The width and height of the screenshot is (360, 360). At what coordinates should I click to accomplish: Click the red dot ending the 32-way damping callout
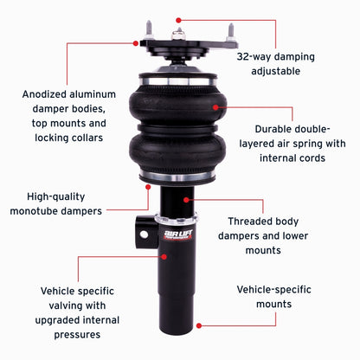pyautogui.click(x=178, y=17)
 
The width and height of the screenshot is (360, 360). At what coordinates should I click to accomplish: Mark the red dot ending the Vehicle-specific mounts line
pyautogui.click(x=201, y=326)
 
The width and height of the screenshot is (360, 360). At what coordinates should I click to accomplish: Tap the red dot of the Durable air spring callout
pyautogui.click(x=224, y=108)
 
